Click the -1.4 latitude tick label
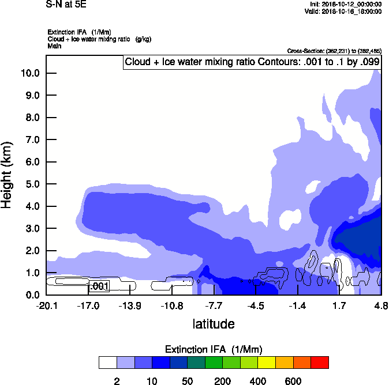coord(297,305)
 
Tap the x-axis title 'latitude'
coord(214,324)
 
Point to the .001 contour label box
coord(99,286)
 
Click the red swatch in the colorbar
coord(320,363)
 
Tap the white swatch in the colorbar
coord(107,363)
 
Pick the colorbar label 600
coord(293,381)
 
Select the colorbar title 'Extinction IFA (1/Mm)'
coord(214,350)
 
